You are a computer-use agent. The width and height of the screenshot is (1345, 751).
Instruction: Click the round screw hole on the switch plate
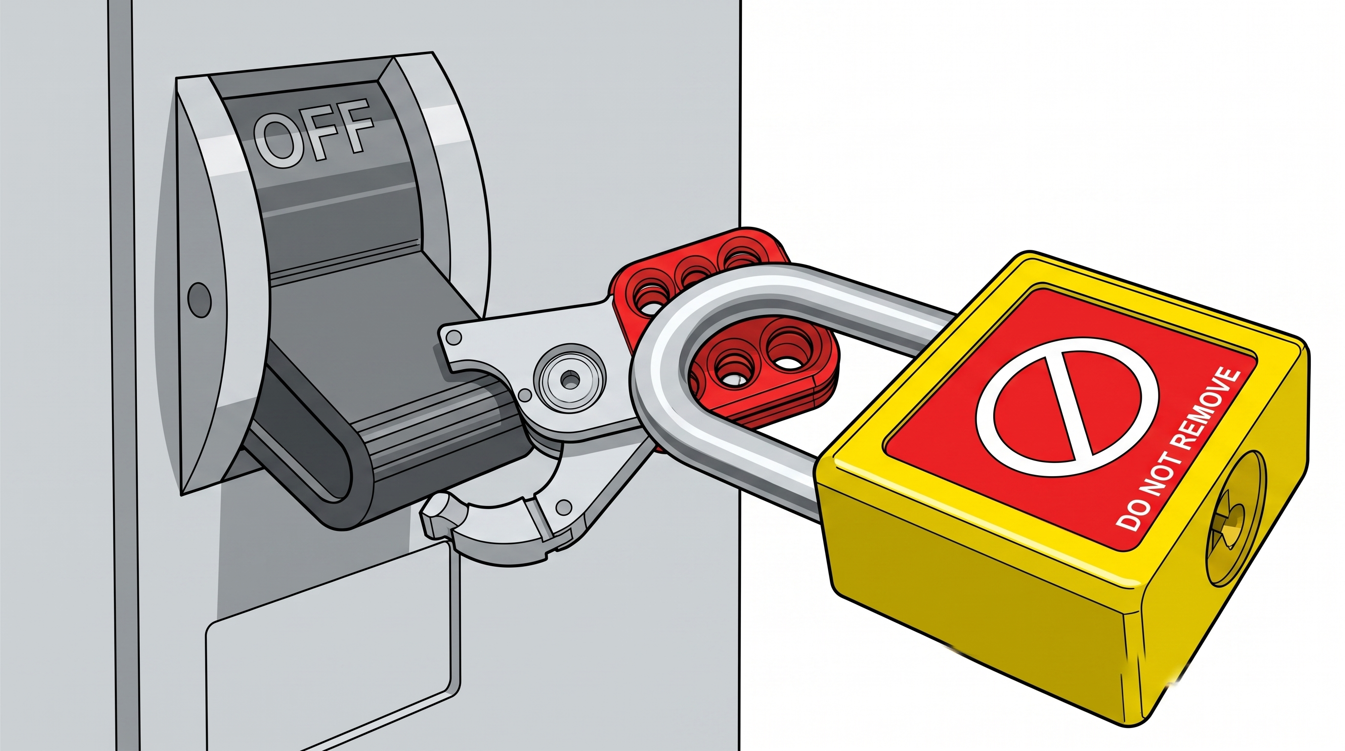(x=199, y=299)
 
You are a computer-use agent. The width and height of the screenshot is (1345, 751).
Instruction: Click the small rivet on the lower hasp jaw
(x=564, y=507)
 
